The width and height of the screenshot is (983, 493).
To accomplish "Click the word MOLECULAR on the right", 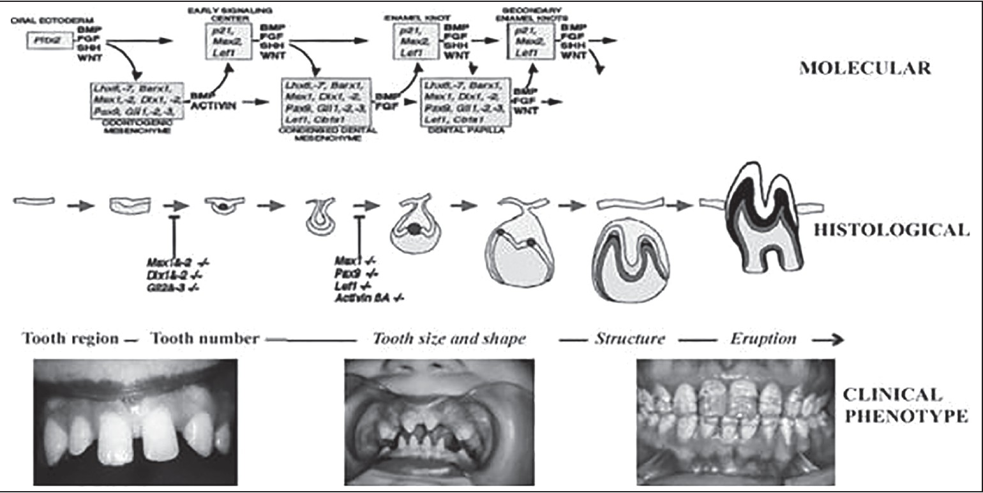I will click(x=864, y=68).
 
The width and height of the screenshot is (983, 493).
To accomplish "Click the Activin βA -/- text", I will click(x=370, y=298).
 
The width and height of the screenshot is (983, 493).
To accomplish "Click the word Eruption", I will click(x=763, y=338).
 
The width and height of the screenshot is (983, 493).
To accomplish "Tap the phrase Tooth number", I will click(x=204, y=338).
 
